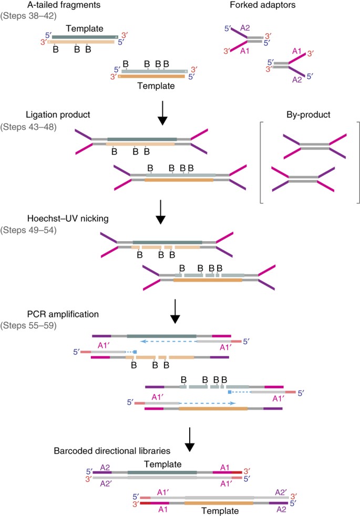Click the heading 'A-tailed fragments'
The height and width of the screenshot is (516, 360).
point(64,5)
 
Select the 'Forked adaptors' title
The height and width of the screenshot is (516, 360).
point(263,5)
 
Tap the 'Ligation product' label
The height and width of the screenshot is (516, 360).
point(58,115)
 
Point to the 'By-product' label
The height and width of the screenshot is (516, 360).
point(308,115)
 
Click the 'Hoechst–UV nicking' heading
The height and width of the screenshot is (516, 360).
point(68,219)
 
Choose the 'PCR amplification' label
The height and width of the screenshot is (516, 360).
point(63,314)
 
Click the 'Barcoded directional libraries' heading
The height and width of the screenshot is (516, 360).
point(112,451)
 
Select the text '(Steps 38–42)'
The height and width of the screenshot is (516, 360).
point(28,16)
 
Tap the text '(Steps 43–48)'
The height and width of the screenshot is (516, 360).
point(28,127)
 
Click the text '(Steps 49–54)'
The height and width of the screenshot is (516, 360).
point(28,230)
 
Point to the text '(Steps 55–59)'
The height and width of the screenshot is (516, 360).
point(28,326)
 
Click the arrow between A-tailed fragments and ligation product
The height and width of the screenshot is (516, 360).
point(162,113)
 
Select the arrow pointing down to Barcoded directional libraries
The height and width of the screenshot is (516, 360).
point(190,440)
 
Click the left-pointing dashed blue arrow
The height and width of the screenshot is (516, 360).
point(169,342)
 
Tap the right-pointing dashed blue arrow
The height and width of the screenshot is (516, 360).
point(207,403)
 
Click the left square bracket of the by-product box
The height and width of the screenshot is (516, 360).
point(261,162)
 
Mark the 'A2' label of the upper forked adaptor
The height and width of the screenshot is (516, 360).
point(245,28)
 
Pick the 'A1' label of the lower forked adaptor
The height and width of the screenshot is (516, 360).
point(297,51)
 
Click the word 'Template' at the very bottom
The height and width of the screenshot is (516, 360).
point(220,511)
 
